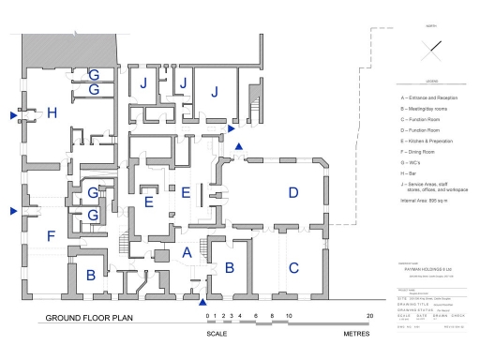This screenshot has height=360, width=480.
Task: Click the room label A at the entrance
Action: (187, 251)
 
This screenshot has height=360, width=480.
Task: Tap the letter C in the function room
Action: (293, 267)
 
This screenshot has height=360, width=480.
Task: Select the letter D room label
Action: (293, 193)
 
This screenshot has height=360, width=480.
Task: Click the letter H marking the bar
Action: (52, 113)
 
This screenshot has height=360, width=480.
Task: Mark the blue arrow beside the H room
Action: (12, 114)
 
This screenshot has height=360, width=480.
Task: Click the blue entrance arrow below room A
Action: (203, 302)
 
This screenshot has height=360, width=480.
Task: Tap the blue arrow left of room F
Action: (12, 211)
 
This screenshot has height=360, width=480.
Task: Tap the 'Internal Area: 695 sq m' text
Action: (431, 201)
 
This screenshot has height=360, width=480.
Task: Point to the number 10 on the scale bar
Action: (289, 316)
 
